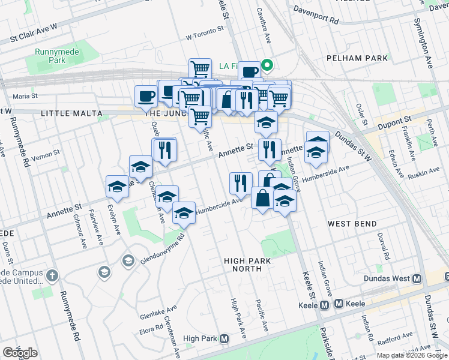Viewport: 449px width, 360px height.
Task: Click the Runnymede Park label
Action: click(x=49, y=56)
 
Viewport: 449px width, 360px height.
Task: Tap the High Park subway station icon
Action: click(x=224, y=339)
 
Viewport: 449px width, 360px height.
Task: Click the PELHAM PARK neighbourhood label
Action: click(x=354, y=58)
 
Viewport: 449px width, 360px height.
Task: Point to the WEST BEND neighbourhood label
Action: click(x=352, y=224)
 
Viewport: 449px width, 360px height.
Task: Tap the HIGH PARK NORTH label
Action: click(x=247, y=265)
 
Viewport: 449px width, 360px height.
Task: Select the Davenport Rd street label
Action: click(x=316, y=14)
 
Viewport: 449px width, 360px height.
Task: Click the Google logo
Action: click(x=19, y=353)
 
